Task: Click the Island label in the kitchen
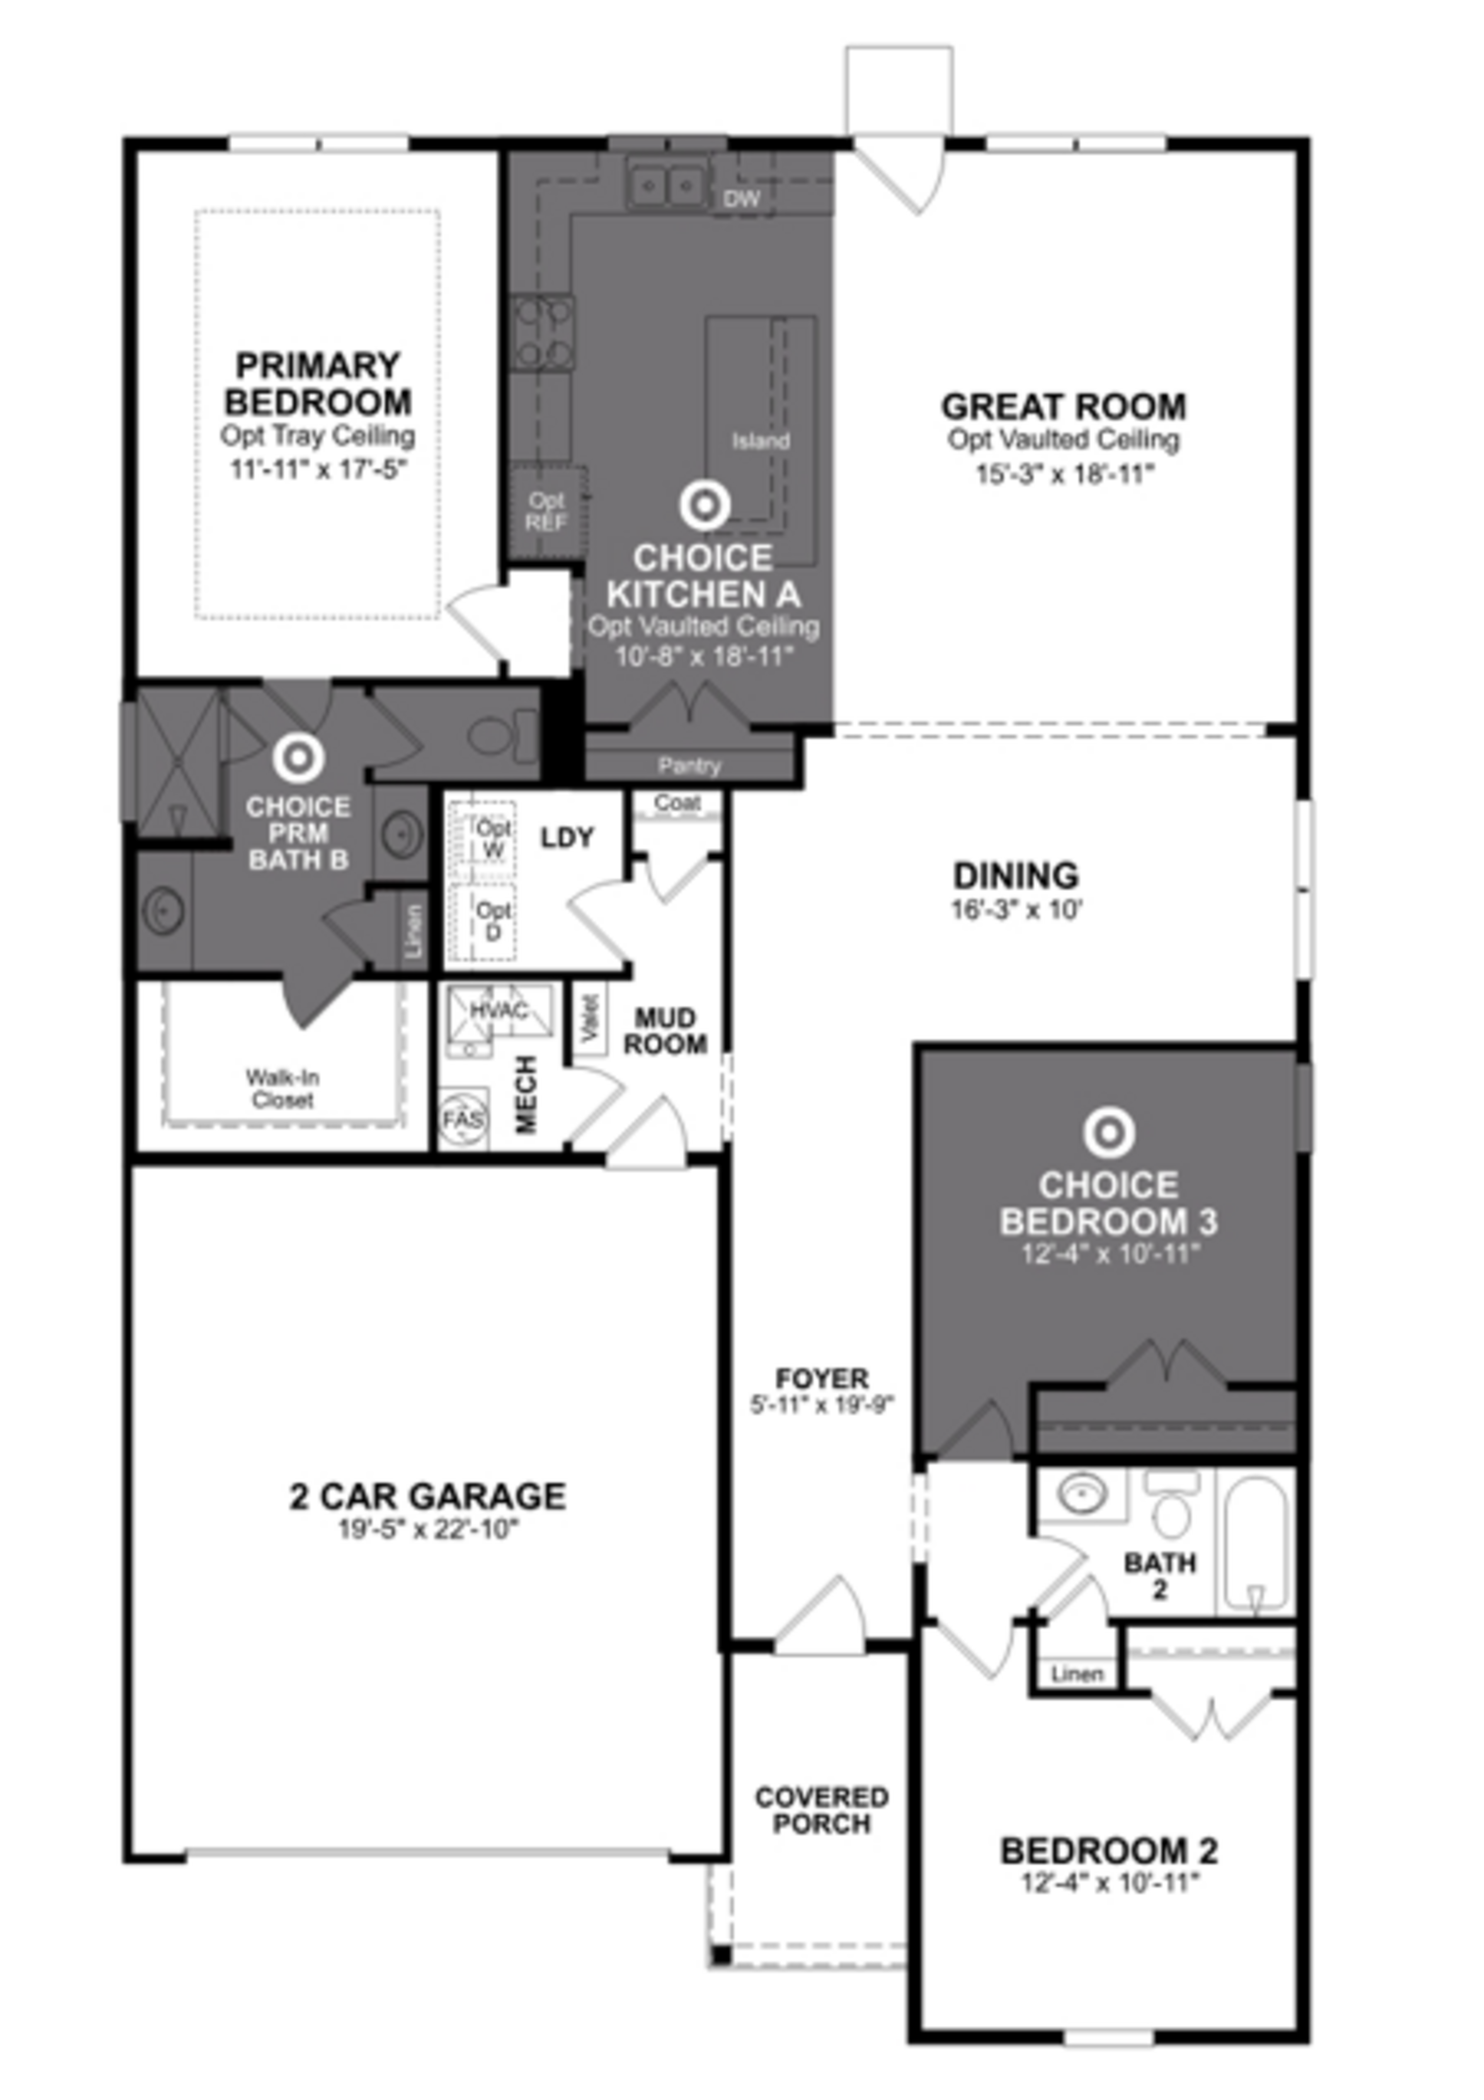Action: (760, 441)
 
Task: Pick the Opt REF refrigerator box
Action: (546, 512)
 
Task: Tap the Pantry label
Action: (689, 766)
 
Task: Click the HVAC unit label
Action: (499, 1011)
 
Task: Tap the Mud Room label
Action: (665, 1031)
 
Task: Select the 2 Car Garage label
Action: (427, 1496)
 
